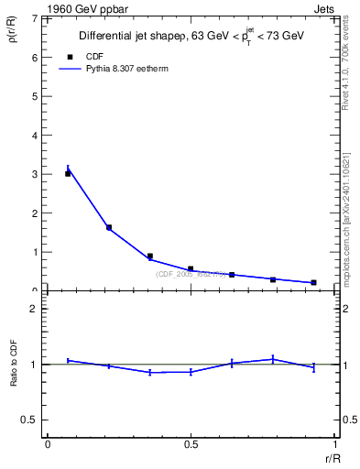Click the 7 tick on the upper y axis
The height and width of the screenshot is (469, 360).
36,18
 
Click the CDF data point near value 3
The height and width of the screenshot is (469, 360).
68,173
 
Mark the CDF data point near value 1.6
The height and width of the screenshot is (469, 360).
109,227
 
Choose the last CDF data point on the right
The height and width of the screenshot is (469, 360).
313,282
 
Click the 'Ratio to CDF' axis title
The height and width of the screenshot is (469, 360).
13,378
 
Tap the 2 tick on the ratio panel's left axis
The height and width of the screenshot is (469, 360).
36,309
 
